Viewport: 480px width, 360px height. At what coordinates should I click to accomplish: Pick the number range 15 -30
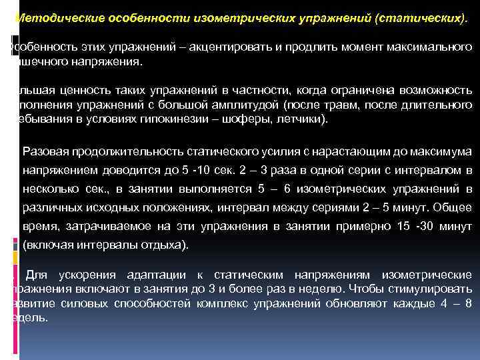click(x=405, y=226)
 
